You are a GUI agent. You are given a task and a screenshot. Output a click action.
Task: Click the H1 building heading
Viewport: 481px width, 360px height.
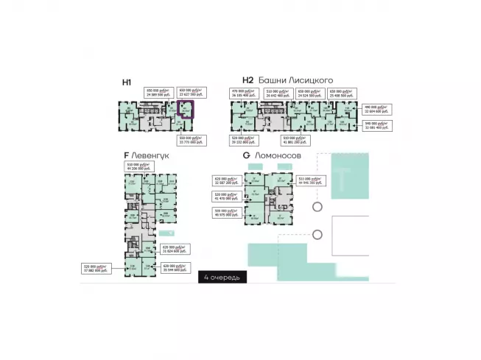pos(127,83)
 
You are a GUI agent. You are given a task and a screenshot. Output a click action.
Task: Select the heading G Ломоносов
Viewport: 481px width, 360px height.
pos(276,156)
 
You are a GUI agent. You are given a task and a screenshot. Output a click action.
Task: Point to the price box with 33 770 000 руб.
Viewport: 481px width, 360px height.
pos(192,141)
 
